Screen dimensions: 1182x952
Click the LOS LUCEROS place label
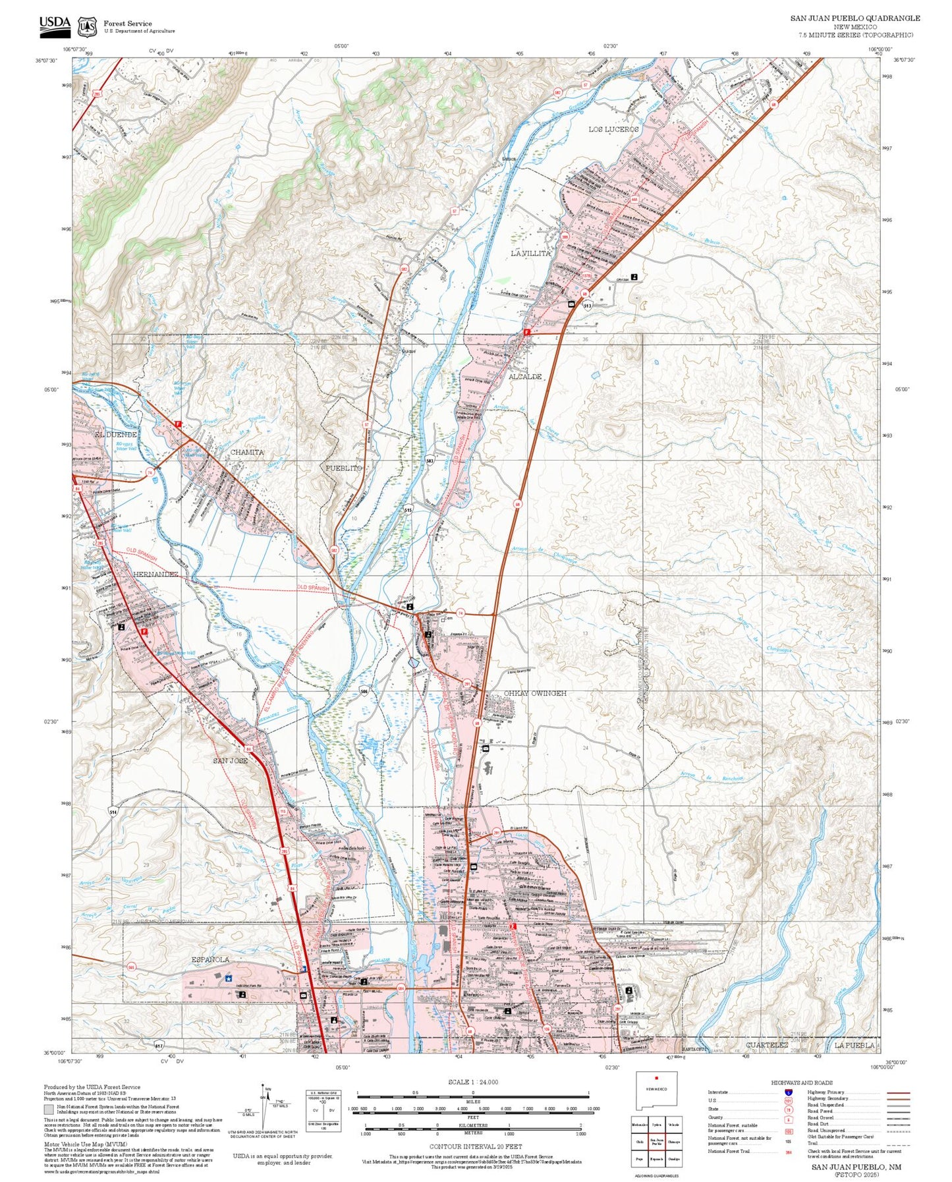[x=613, y=130]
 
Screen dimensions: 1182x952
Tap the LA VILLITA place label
[x=530, y=253]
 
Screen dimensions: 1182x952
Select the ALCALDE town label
[x=525, y=376]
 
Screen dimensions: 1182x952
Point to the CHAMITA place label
[x=247, y=452]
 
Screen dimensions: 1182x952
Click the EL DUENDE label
[x=115, y=435]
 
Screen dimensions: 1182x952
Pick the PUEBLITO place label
[x=344, y=468]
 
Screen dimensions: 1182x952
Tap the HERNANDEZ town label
[x=156, y=574]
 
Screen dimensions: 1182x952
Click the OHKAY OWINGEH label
[x=535, y=693]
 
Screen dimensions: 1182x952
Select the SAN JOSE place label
[x=230, y=760]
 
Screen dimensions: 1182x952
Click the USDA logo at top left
[x=55, y=24]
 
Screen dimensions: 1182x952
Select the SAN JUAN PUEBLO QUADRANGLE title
[x=855, y=18]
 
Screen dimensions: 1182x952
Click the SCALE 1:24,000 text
[x=472, y=1082]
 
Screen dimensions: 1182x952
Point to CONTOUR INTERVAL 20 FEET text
[x=472, y=1147]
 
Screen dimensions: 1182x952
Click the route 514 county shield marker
[x=113, y=812]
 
